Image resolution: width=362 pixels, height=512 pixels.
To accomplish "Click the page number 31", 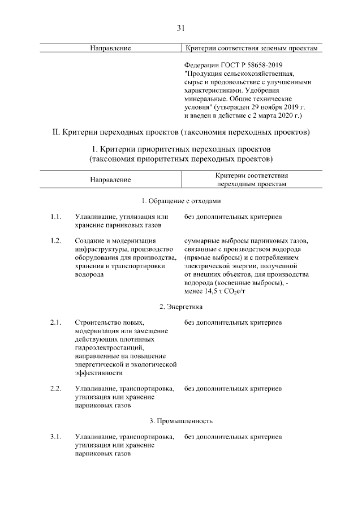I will pos(181,28).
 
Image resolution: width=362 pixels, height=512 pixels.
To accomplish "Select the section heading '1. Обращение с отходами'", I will pos(181,200).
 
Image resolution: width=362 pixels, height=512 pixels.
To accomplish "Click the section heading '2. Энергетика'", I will pos(181,307).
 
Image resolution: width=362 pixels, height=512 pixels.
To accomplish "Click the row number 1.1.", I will pos(55,217).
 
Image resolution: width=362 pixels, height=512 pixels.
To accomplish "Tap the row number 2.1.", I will pos(55,323).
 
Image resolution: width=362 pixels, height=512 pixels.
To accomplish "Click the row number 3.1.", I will pos(55,437).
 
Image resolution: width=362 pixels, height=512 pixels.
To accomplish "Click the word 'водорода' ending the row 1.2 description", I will pos(89,274).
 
